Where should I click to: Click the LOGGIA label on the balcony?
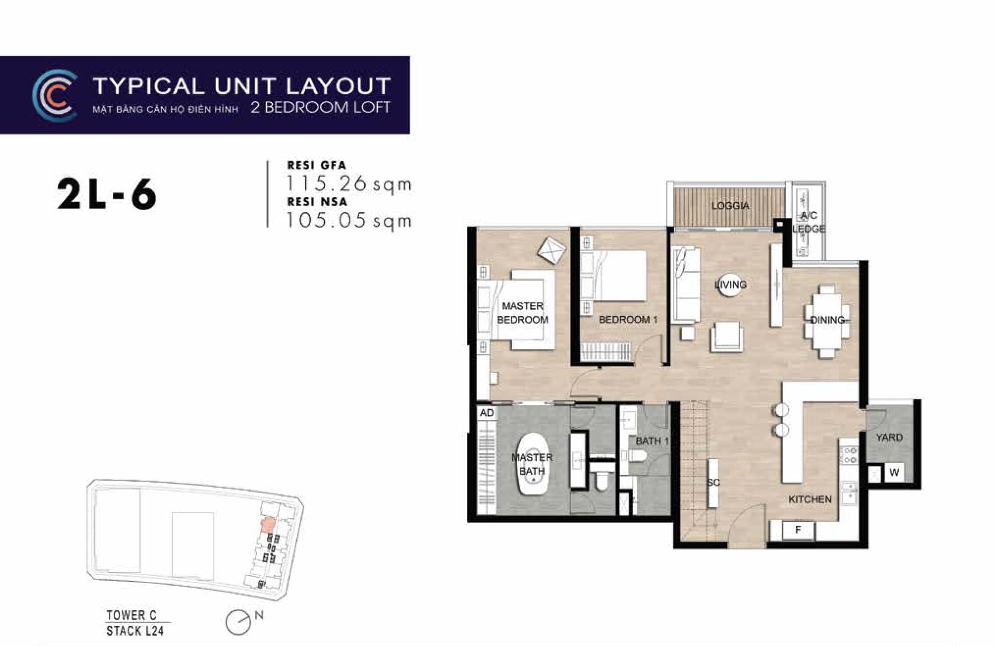click(730, 206)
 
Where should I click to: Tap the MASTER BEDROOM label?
click(523, 313)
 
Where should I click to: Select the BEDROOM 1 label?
click(628, 319)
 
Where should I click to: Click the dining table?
click(827, 320)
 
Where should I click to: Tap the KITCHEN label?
click(810, 499)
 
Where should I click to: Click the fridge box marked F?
click(798, 530)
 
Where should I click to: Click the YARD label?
click(889, 437)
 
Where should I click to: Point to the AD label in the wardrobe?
click(486, 413)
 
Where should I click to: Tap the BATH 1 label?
click(652, 441)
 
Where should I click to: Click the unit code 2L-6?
click(107, 195)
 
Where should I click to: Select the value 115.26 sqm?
click(349, 184)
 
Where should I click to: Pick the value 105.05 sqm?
click(349, 220)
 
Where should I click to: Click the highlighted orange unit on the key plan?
click(267, 526)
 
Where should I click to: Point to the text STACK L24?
click(135, 631)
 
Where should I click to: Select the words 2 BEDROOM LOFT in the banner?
click(320, 108)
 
